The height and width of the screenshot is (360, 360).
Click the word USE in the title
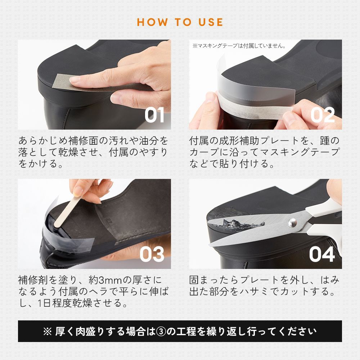click(x=211, y=22)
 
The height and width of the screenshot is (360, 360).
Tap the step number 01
click(x=154, y=115)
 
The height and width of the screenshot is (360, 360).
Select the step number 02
click(x=322, y=115)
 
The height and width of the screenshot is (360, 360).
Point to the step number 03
click(x=152, y=254)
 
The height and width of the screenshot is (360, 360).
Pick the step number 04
click(x=321, y=254)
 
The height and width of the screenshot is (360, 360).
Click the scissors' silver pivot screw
click(x=292, y=222)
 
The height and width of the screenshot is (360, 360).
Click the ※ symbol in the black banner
click(x=47, y=331)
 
